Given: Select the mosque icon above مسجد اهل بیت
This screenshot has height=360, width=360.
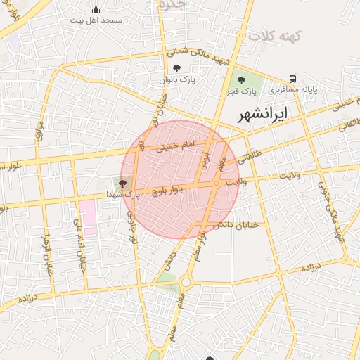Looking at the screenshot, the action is (96, 9).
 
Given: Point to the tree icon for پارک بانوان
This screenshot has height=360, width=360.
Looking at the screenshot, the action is (176, 68).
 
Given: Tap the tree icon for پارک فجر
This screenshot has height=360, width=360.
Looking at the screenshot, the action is (241, 80).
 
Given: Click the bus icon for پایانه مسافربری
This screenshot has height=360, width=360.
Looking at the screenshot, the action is (292, 79).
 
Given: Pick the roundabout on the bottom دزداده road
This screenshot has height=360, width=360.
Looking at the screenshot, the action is (186, 283).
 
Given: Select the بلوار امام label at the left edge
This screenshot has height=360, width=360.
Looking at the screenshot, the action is (10, 166).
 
